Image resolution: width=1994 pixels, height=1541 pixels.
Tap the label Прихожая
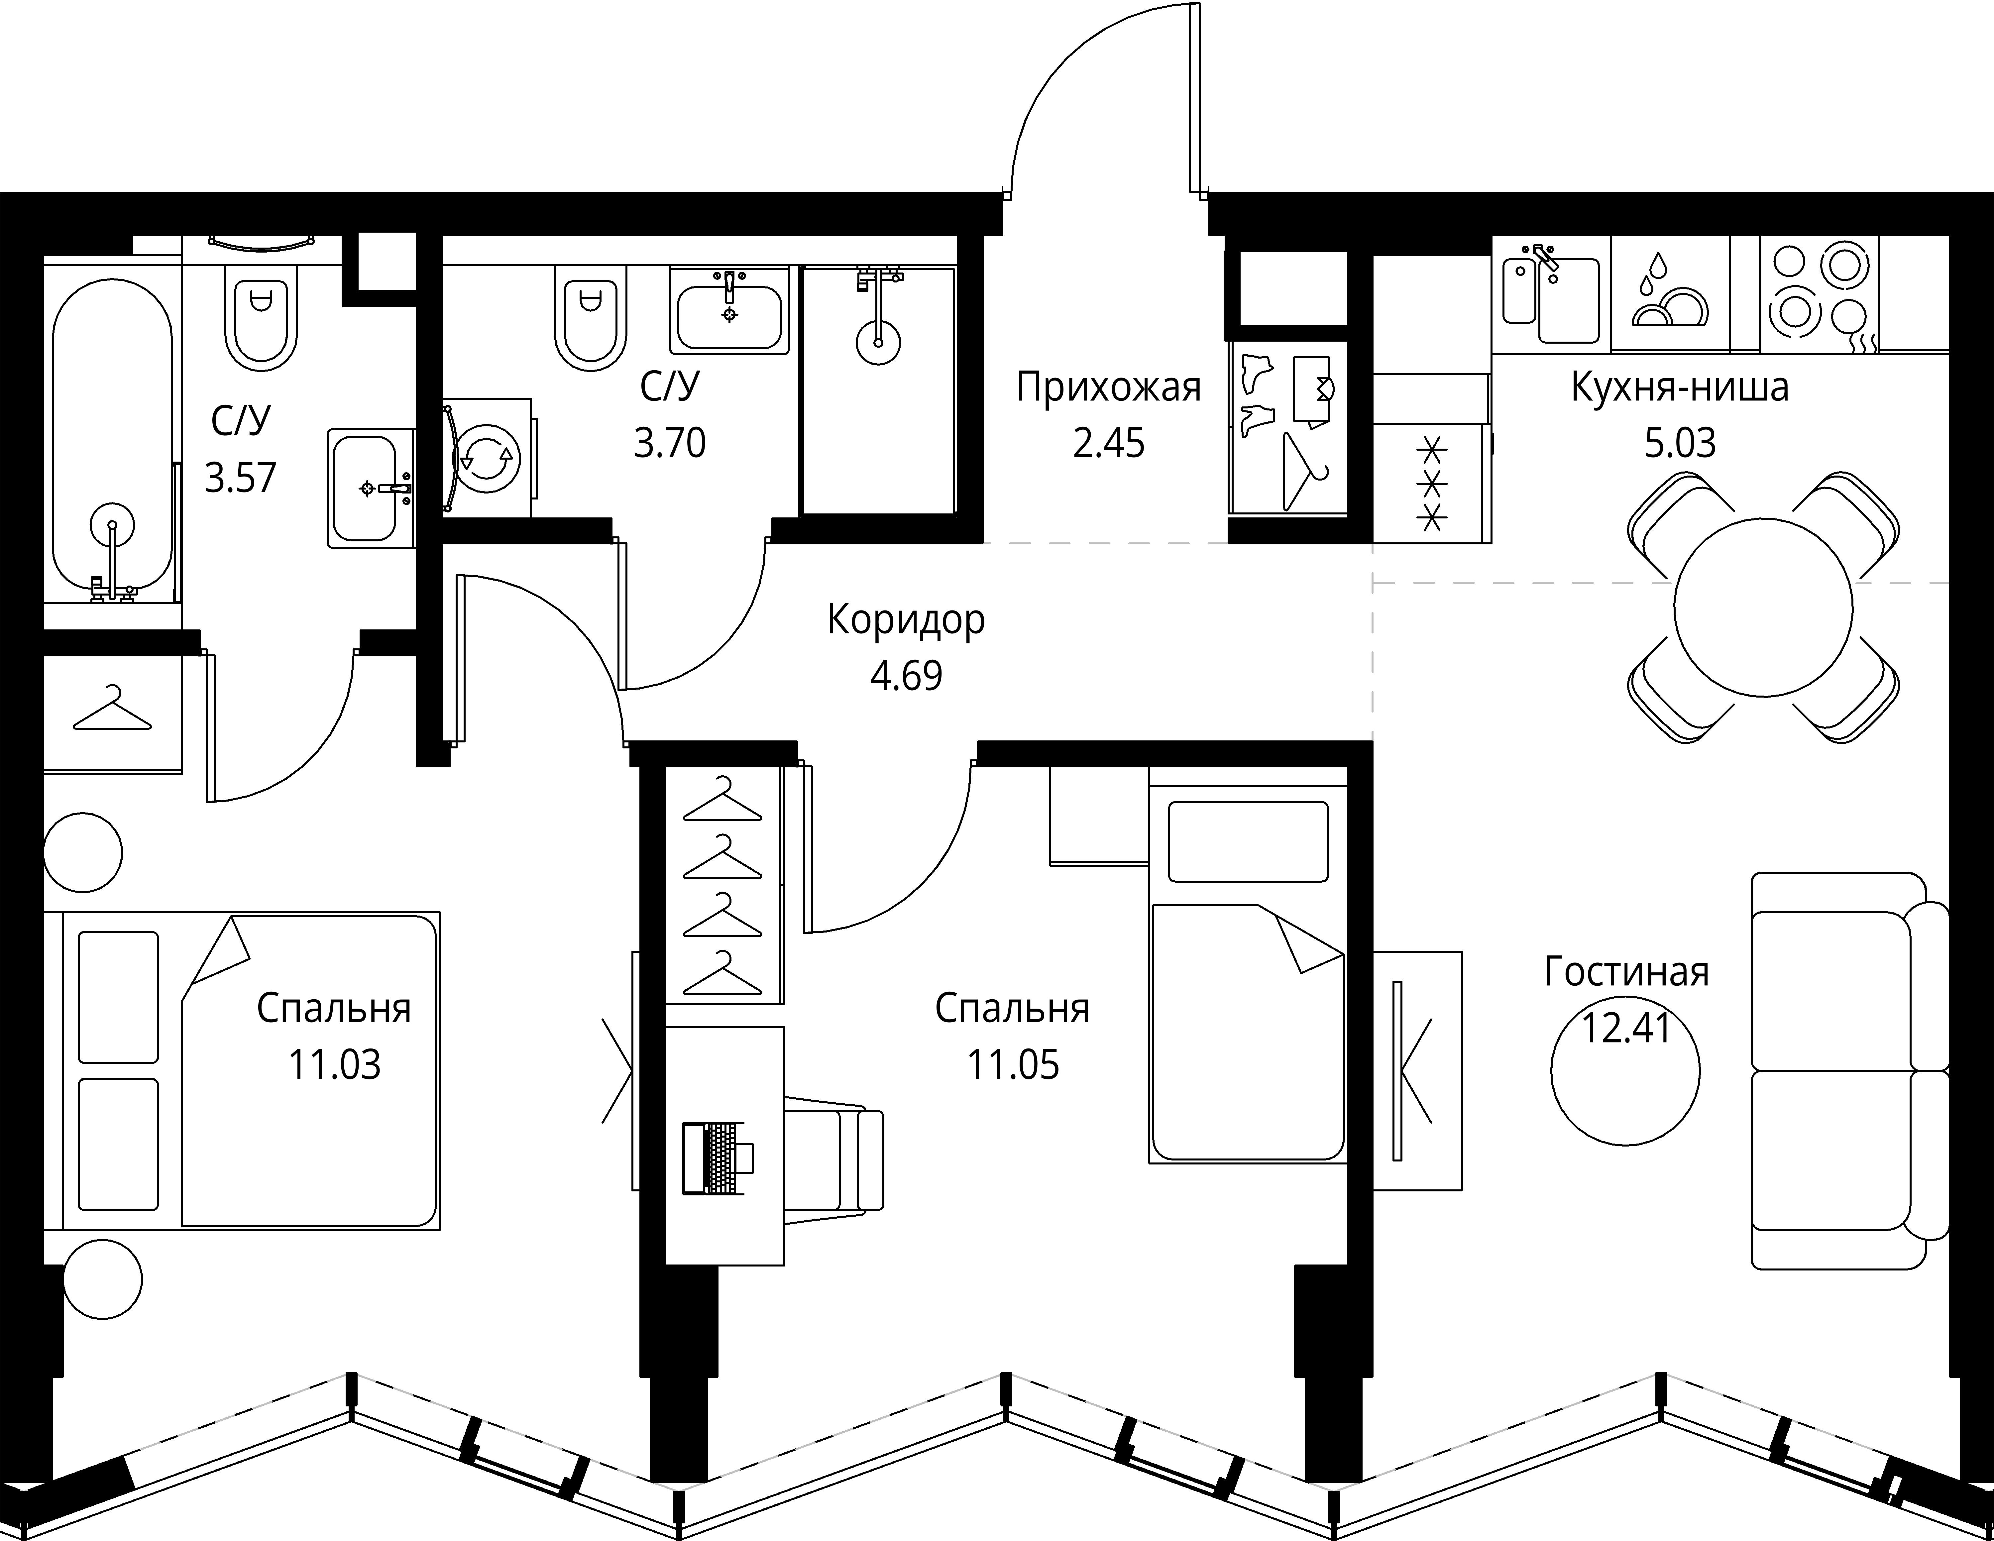coord(1108,388)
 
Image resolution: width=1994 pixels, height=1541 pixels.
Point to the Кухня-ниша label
coord(1680,388)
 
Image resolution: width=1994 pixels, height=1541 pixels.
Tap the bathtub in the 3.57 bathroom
coord(111,438)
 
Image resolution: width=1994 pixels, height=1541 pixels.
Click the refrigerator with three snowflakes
coord(1432,484)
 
